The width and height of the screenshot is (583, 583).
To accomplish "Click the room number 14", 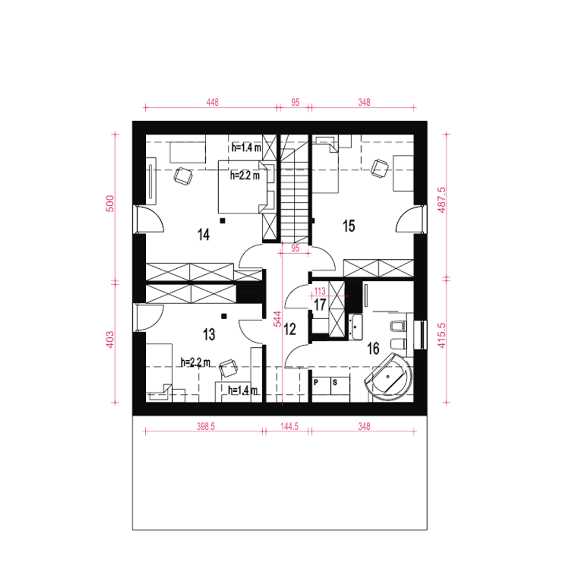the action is point(204,235).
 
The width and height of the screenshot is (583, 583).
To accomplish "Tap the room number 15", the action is point(348,226).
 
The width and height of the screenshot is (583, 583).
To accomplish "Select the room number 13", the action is point(209,335).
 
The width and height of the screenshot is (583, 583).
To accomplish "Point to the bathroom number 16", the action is point(373,348).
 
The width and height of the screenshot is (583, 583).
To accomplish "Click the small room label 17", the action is point(319,305).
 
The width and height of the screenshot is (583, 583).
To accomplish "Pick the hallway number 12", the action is point(290,329).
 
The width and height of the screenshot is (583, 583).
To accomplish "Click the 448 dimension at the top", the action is point(212,102).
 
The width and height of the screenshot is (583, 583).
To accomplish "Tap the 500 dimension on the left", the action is point(110,204).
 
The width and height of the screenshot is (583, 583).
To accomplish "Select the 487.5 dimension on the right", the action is point(441,200).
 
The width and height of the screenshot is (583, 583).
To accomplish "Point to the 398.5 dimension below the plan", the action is point(206,427).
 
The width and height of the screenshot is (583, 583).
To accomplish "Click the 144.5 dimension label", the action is point(289,427).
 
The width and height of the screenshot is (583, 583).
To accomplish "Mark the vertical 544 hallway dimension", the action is point(277,319).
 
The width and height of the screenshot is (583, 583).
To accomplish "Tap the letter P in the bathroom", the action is point(316,383).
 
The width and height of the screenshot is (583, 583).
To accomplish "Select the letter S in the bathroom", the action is point(335,383).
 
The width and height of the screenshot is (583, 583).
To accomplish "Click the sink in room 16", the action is point(356,327).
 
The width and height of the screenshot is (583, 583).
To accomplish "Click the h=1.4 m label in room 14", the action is point(246,148).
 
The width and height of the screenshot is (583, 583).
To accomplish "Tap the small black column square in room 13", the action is point(224,316).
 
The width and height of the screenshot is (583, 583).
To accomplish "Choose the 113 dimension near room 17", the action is point(320,291).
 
